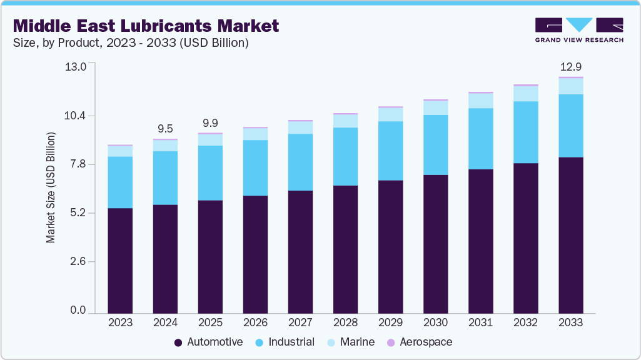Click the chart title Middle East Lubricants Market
(145, 26)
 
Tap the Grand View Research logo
(578, 29)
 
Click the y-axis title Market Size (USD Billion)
(51, 187)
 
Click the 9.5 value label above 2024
(165, 129)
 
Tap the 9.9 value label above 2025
(210, 123)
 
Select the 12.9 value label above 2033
(570, 67)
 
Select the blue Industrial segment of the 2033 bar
(570, 126)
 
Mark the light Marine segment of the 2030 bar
(435, 107)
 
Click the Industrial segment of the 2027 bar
(300, 162)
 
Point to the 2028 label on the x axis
(345, 322)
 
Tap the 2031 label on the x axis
(480, 322)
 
